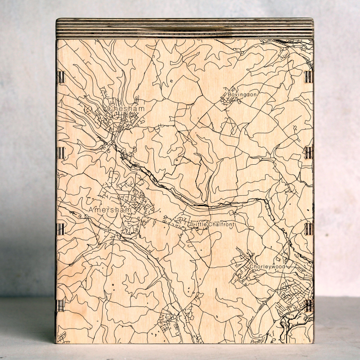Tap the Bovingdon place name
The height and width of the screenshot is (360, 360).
point(242,95)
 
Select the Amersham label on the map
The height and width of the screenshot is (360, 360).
point(110,210)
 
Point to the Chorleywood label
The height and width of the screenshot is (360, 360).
point(268,267)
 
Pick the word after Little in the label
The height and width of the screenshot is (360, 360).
point(222,224)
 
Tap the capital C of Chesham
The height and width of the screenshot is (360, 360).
point(110,109)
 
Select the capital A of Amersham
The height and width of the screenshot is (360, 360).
point(91,210)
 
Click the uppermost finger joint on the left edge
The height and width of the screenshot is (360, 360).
point(61,77)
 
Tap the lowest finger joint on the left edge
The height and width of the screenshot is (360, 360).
point(61,306)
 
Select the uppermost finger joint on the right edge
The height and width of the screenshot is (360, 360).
point(308,77)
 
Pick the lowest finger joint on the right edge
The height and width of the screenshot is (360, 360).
point(308,306)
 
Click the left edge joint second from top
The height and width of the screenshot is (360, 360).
point(61,153)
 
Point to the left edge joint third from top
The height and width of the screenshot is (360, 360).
point(61,229)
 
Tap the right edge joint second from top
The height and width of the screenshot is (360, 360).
point(308,153)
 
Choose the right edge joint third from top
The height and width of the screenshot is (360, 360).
point(308,229)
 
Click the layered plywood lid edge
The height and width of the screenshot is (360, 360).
point(184,28)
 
